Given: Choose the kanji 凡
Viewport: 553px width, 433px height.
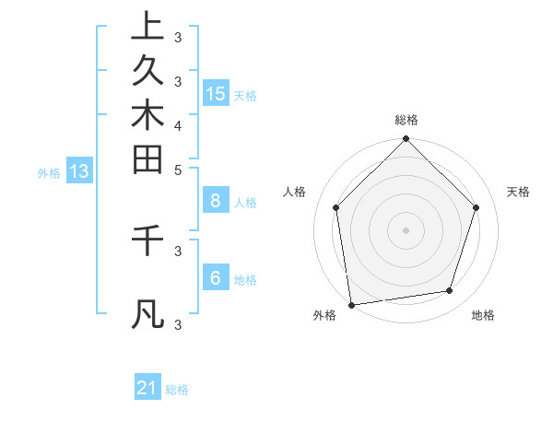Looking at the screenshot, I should tap(147, 314).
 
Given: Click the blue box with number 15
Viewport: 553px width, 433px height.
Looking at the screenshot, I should tap(216, 94).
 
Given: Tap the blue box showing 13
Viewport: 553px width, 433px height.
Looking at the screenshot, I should tap(79, 170).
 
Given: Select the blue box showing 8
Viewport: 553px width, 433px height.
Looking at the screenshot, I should tap(216, 201).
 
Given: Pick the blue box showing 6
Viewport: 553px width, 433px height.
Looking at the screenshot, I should tap(216, 277).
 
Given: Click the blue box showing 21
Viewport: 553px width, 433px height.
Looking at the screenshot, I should tap(147, 388).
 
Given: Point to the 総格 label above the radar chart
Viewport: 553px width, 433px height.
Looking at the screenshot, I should tap(406, 120).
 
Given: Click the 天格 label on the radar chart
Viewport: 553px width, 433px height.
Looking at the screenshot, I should tap(518, 192).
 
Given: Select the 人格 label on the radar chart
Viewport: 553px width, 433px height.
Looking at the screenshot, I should tap(295, 192).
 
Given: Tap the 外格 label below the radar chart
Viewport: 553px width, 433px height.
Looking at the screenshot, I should tap(324, 316).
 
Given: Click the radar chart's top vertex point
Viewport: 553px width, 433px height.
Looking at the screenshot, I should tap(406, 140).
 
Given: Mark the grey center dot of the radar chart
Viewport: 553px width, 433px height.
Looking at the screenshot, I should tap(406, 229).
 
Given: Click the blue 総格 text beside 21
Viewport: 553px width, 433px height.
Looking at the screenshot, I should tap(177, 390).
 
